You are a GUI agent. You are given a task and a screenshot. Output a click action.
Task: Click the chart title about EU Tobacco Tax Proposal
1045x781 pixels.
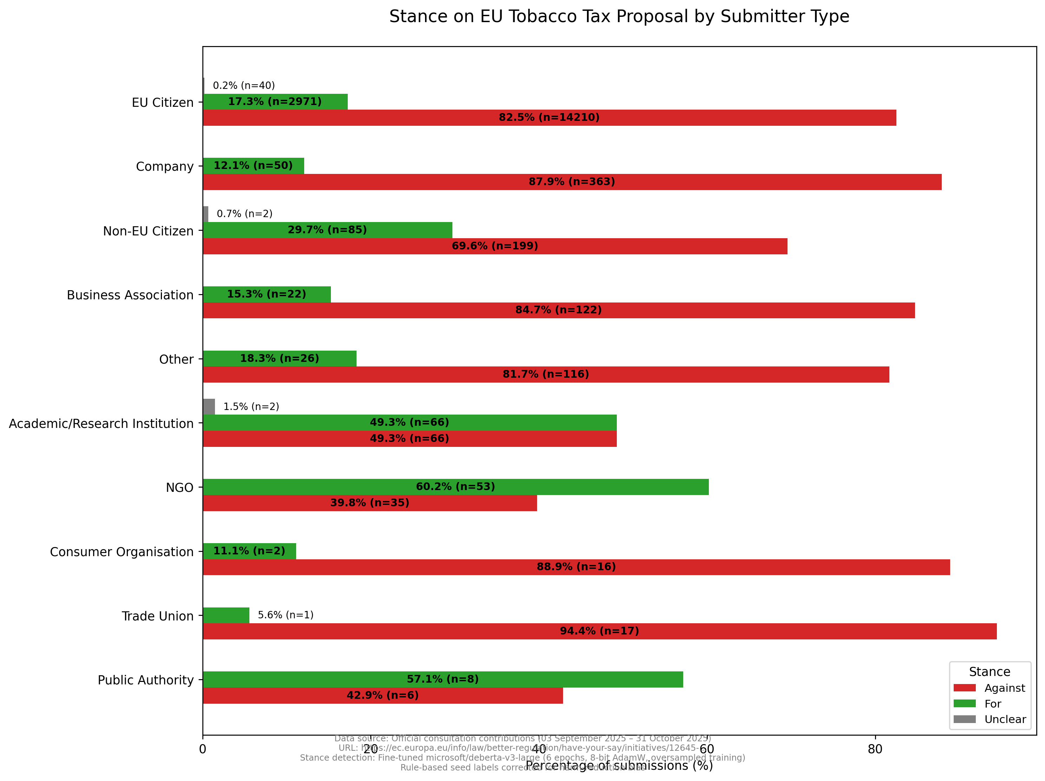coord(619,17)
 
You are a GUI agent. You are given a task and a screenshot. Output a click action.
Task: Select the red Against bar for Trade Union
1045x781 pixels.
coord(600,631)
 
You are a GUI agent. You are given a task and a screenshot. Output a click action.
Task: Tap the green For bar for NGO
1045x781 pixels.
coord(456,487)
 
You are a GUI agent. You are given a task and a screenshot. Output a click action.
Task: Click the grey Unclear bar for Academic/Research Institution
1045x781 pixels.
coord(209,406)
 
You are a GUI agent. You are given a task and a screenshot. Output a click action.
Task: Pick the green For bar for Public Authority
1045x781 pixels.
coord(443,679)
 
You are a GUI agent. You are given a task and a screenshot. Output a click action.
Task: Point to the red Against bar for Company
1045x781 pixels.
coord(572,182)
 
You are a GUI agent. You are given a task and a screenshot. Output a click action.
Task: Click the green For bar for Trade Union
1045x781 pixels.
coord(226,615)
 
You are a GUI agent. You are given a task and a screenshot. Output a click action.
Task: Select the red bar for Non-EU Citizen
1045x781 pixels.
coord(495,246)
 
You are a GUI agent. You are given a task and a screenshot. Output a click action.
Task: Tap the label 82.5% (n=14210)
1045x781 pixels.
coord(549,118)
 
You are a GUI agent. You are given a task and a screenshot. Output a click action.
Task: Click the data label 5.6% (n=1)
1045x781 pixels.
coord(285,615)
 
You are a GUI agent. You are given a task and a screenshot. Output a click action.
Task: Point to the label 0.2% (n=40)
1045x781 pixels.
coord(244,85)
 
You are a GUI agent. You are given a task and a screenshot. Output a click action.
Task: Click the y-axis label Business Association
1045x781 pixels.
coord(130,295)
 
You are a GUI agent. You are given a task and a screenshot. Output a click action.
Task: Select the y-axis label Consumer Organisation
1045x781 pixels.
coord(122,552)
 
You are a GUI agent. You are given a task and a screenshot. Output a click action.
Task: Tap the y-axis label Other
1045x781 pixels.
coord(176,359)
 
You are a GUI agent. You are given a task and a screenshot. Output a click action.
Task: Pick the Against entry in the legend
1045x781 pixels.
coord(1004,688)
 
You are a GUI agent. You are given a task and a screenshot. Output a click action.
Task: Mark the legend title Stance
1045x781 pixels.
coord(989,672)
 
